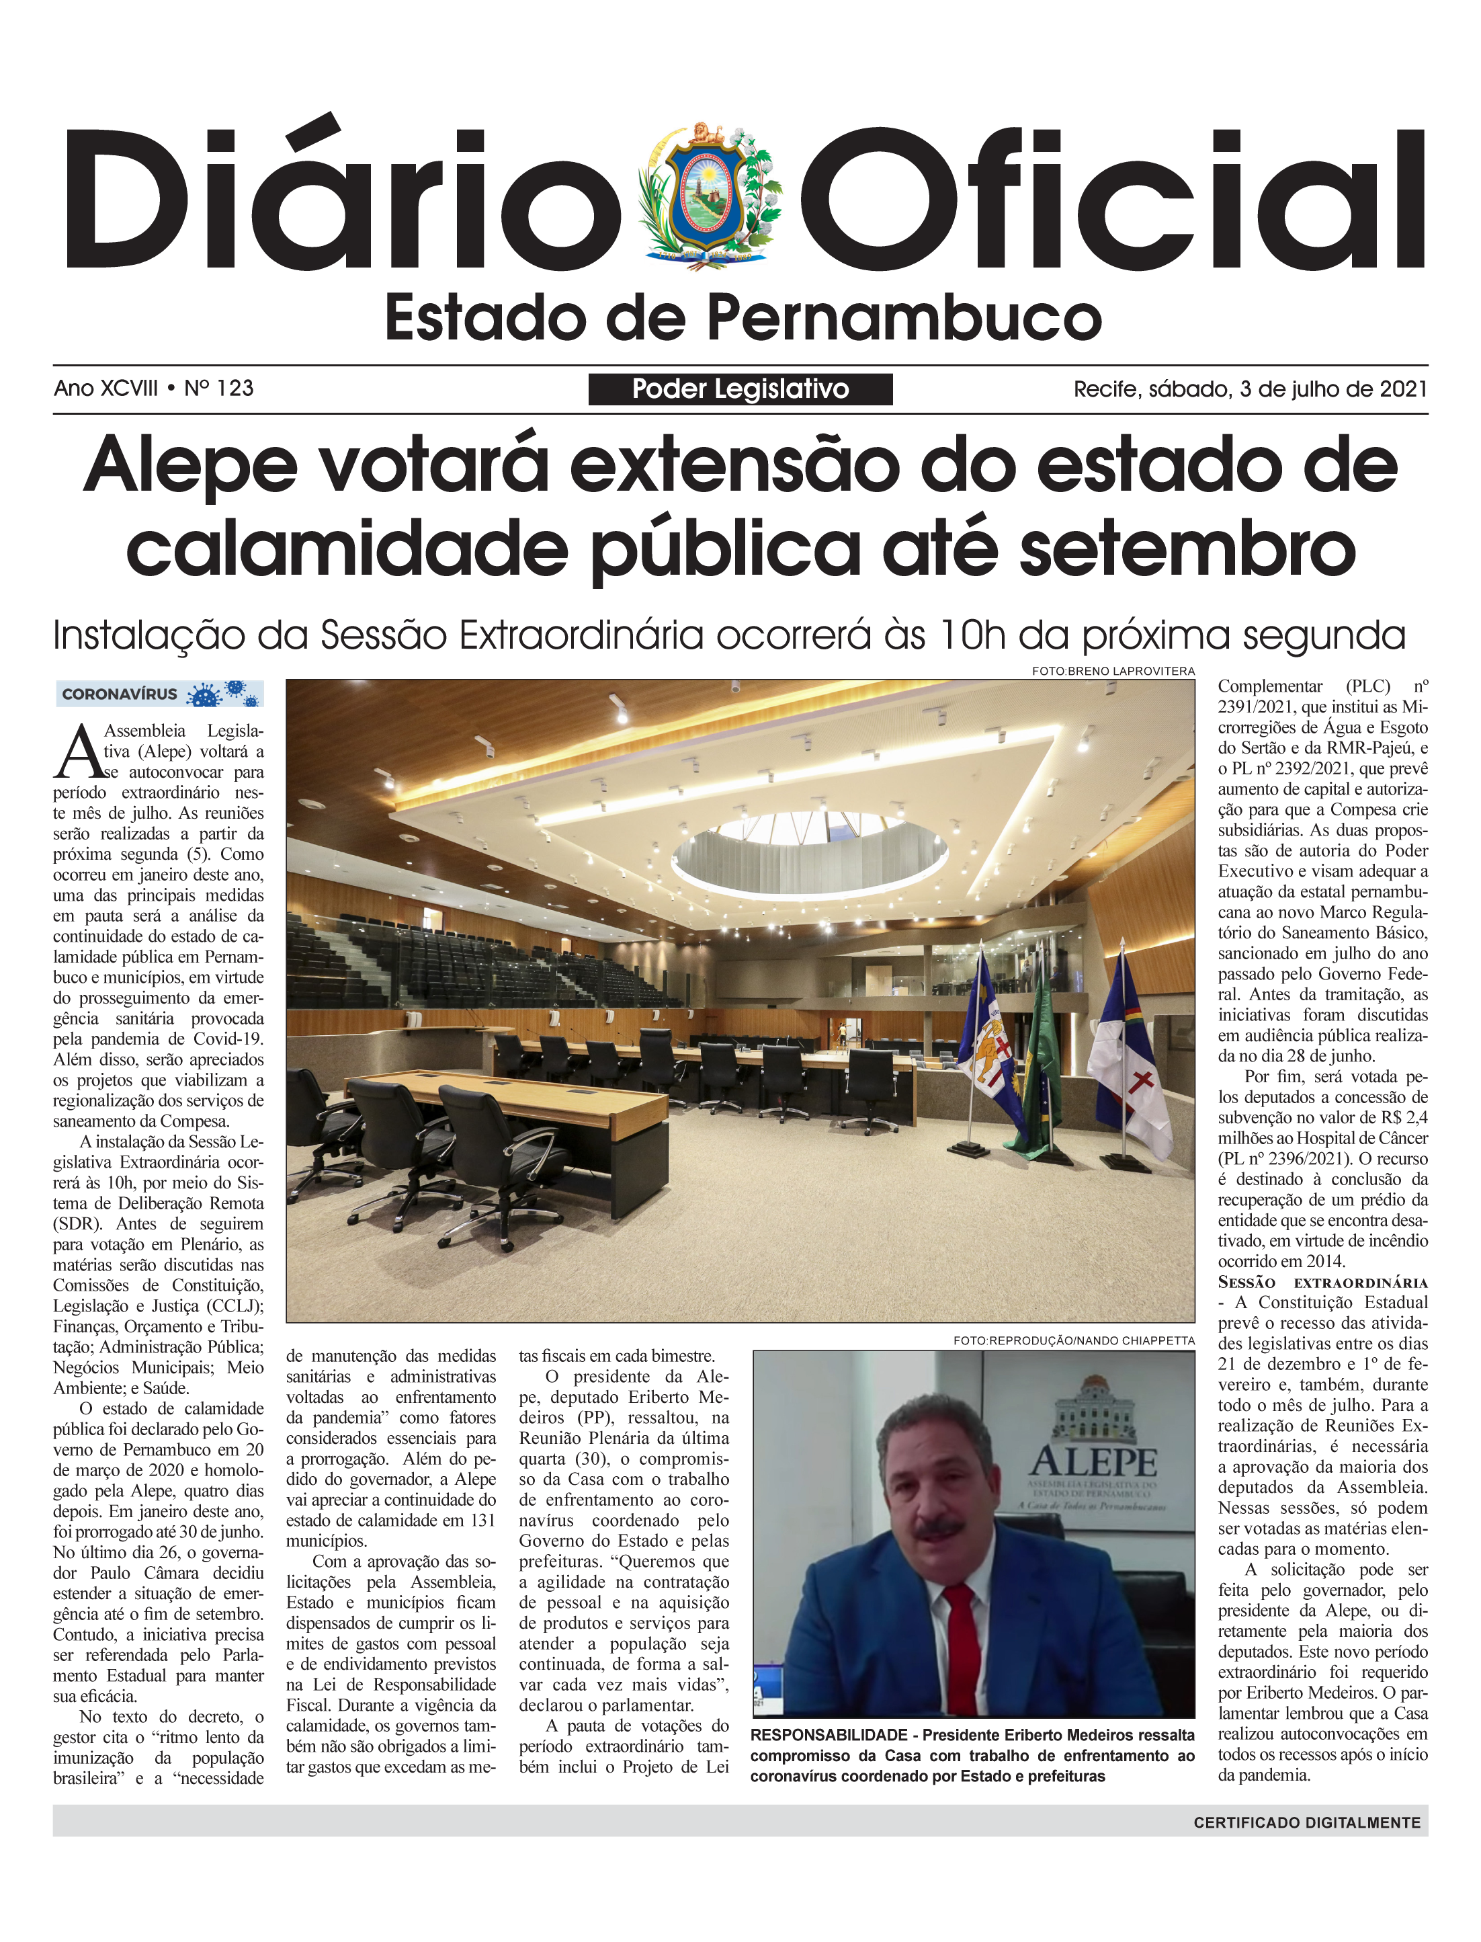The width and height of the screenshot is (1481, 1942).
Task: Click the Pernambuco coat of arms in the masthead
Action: click(x=712, y=196)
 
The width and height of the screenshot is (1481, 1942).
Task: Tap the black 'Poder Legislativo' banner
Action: click(x=740, y=389)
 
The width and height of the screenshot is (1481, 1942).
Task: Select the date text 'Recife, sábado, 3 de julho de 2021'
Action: click(x=1249, y=389)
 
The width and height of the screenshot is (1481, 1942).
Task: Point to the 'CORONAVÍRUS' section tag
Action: click(x=120, y=694)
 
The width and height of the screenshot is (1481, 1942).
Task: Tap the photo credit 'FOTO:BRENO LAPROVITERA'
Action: click(x=1113, y=671)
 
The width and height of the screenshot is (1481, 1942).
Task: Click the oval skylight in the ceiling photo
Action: click(x=808, y=851)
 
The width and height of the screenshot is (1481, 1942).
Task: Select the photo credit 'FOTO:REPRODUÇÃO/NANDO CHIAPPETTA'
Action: click(x=1073, y=1340)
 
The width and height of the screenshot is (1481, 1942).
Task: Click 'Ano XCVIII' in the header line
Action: click(x=105, y=388)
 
